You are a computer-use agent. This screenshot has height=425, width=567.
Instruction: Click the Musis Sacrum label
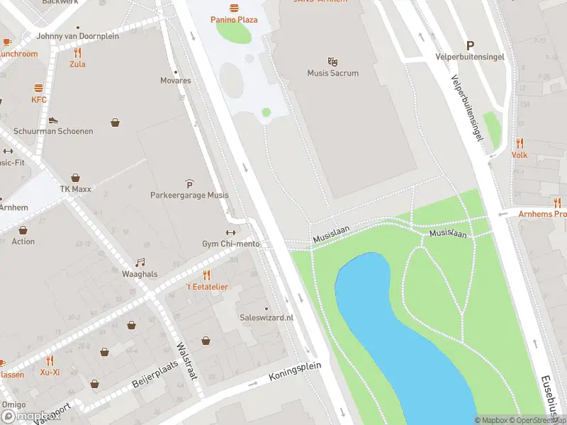point(332,73)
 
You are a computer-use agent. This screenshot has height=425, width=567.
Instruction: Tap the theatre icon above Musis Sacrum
point(332,62)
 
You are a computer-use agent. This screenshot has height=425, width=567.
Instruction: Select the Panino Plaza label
point(234,20)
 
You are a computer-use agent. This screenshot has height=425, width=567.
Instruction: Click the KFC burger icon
point(38,89)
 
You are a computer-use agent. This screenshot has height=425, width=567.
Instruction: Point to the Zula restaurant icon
point(77,52)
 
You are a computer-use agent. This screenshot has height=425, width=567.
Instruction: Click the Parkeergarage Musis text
point(189,195)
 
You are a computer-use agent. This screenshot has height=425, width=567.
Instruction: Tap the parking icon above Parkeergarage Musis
point(189,183)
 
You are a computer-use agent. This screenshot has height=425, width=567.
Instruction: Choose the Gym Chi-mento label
point(230,244)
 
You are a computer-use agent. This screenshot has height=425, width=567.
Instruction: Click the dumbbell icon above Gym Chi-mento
point(230,233)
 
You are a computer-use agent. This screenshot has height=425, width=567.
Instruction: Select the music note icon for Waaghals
point(140,262)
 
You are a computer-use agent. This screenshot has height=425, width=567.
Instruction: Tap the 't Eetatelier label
point(206,286)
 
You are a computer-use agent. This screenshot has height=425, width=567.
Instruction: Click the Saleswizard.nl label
point(266,318)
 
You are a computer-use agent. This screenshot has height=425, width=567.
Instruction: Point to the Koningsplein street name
point(295,373)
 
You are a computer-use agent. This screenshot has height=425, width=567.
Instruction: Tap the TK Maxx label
point(75,190)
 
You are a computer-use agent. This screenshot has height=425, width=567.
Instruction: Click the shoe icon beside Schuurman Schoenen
point(52,120)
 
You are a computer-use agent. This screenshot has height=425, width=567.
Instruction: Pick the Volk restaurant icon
point(520,143)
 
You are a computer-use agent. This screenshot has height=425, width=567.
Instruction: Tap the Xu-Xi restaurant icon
point(49,361)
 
